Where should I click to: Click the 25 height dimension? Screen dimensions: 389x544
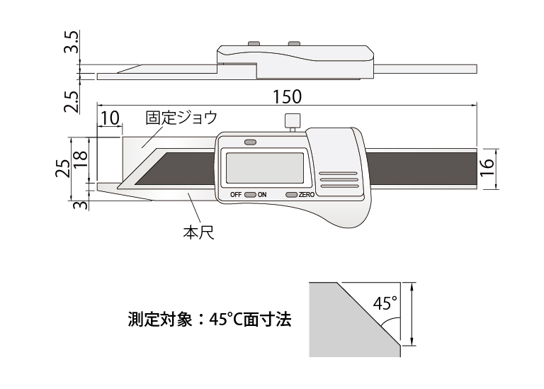(63, 169)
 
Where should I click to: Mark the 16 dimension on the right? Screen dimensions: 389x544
(486, 169)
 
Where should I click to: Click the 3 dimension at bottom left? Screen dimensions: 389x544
(80, 205)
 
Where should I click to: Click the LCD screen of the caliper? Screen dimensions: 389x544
(263, 168)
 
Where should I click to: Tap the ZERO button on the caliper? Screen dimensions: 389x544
(291, 194)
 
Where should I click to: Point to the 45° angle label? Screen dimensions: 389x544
(385, 304)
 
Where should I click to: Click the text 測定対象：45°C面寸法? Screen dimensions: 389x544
(210, 320)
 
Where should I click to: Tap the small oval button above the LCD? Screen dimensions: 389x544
(249, 142)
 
